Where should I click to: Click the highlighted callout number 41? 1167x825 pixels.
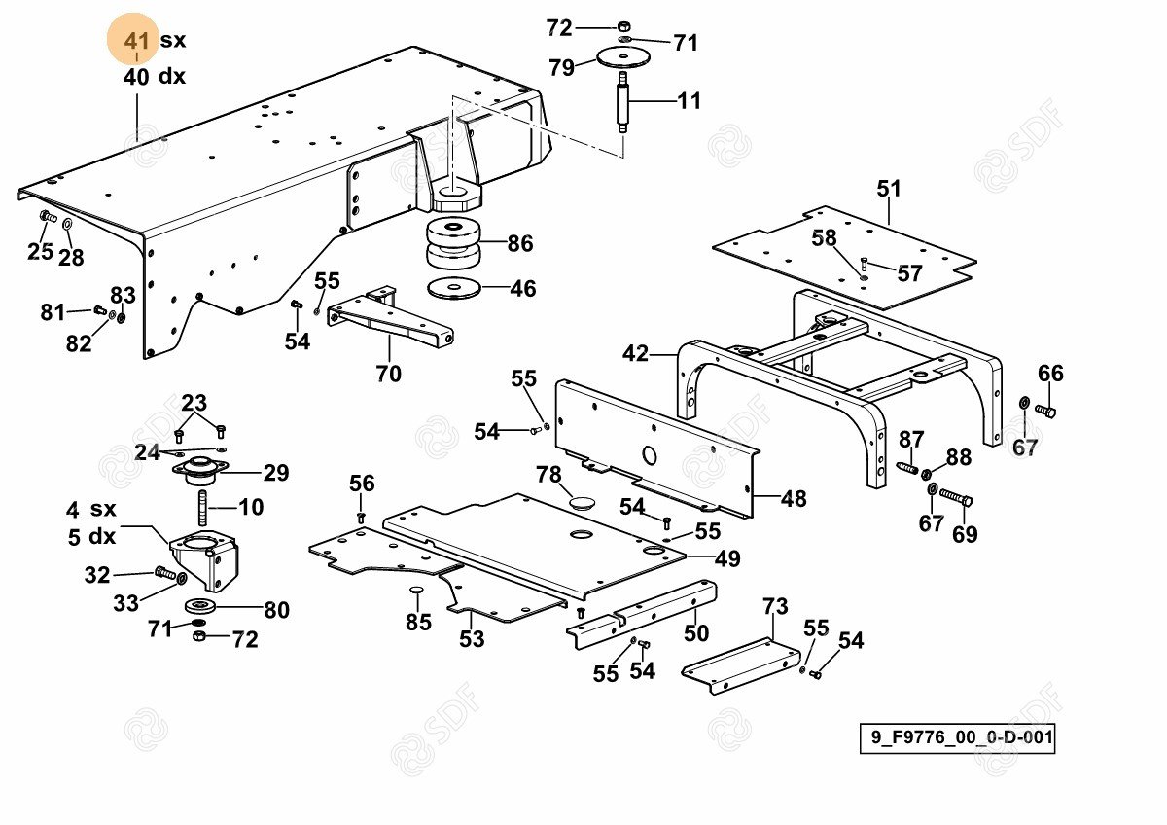click(x=136, y=42)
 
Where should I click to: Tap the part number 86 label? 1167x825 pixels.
click(x=520, y=243)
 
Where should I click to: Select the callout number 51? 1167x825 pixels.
click(x=889, y=189)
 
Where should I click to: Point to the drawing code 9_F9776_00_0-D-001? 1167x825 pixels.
click(x=957, y=737)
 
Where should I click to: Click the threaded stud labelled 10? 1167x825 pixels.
click(x=203, y=507)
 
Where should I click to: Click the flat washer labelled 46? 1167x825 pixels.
click(x=454, y=288)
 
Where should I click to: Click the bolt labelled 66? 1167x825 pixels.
click(x=1045, y=411)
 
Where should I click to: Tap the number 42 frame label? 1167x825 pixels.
click(x=635, y=353)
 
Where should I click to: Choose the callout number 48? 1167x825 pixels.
click(x=794, y=499)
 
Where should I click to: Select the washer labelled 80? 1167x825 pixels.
click(x=199, y=608)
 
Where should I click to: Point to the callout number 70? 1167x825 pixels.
click(x=388, y=373)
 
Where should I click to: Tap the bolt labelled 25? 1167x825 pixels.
click(x=47, y=216)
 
